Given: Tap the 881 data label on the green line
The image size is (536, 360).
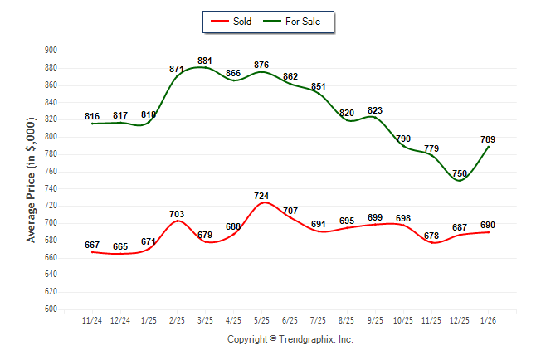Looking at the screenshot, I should tap(205, 61).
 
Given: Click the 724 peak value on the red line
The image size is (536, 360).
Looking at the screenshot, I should tap(261, 196).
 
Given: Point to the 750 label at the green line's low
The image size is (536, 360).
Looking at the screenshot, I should tap(460, 173).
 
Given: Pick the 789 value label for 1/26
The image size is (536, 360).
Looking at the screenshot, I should tap(488, 139).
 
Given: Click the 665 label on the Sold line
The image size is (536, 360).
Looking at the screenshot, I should tap(120, 246).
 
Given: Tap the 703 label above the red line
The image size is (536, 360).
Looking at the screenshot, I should tap(177, 214).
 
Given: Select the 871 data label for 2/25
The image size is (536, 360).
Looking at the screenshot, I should tap(177, 69).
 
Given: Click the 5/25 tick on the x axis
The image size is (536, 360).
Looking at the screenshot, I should tap(261, 319).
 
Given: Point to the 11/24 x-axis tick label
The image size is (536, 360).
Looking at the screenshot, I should tap(92, 319).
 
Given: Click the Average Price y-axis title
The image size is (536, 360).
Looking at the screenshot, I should tap(32, 180).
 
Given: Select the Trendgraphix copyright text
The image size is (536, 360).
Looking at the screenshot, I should tap(290, 339).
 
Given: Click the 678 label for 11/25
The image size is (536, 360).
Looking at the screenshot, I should tap(431, 236).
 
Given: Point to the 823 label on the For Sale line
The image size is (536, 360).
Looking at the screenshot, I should tap(375, 110).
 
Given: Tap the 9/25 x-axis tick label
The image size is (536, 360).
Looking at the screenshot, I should tap(374, 319).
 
